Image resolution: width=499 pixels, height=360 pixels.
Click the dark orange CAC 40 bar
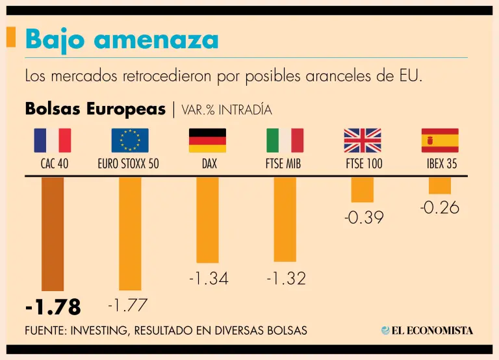click(53, 234)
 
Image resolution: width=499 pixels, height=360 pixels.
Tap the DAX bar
click(207, 219)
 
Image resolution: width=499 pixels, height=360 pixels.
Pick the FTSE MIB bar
click(285, 219)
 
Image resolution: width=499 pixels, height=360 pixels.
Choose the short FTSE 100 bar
click(362, 189)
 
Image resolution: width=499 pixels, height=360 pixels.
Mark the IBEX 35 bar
click(440, 186)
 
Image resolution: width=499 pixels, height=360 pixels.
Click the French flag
click(53, 140)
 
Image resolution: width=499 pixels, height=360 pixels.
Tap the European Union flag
click(130, 140)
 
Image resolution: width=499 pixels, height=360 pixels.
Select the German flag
click(207, 140)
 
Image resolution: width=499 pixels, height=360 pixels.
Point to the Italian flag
click(285, 140)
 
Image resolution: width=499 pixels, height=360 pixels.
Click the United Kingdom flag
click(362, 140)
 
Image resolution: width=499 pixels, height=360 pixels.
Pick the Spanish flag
click(440, 140)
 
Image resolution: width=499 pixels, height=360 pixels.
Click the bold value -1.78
click(53, 305)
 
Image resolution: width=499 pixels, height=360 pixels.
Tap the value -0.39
click(364, 218)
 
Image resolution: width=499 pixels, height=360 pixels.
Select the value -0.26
click(439, 208)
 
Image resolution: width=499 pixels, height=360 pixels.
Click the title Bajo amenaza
click(122, 40)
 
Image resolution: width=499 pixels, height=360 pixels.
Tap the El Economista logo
click(427, 330)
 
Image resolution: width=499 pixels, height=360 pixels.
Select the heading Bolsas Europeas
click(95, 109)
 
